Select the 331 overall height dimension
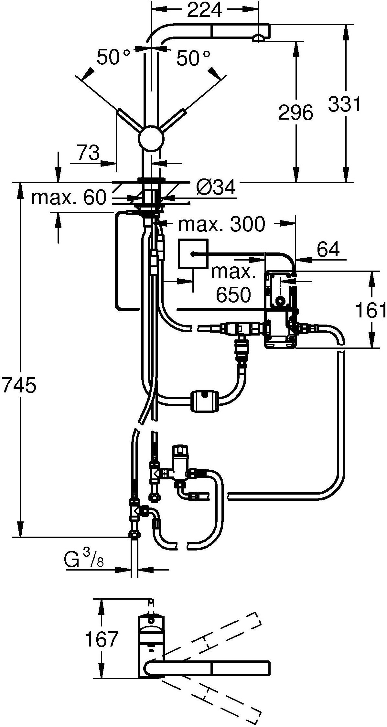tap(344, 104)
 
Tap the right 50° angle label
tap(193, 59)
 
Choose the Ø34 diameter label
tap(216, 188)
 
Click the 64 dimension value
tap(328, 249)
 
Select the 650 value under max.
tap(233, 294)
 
